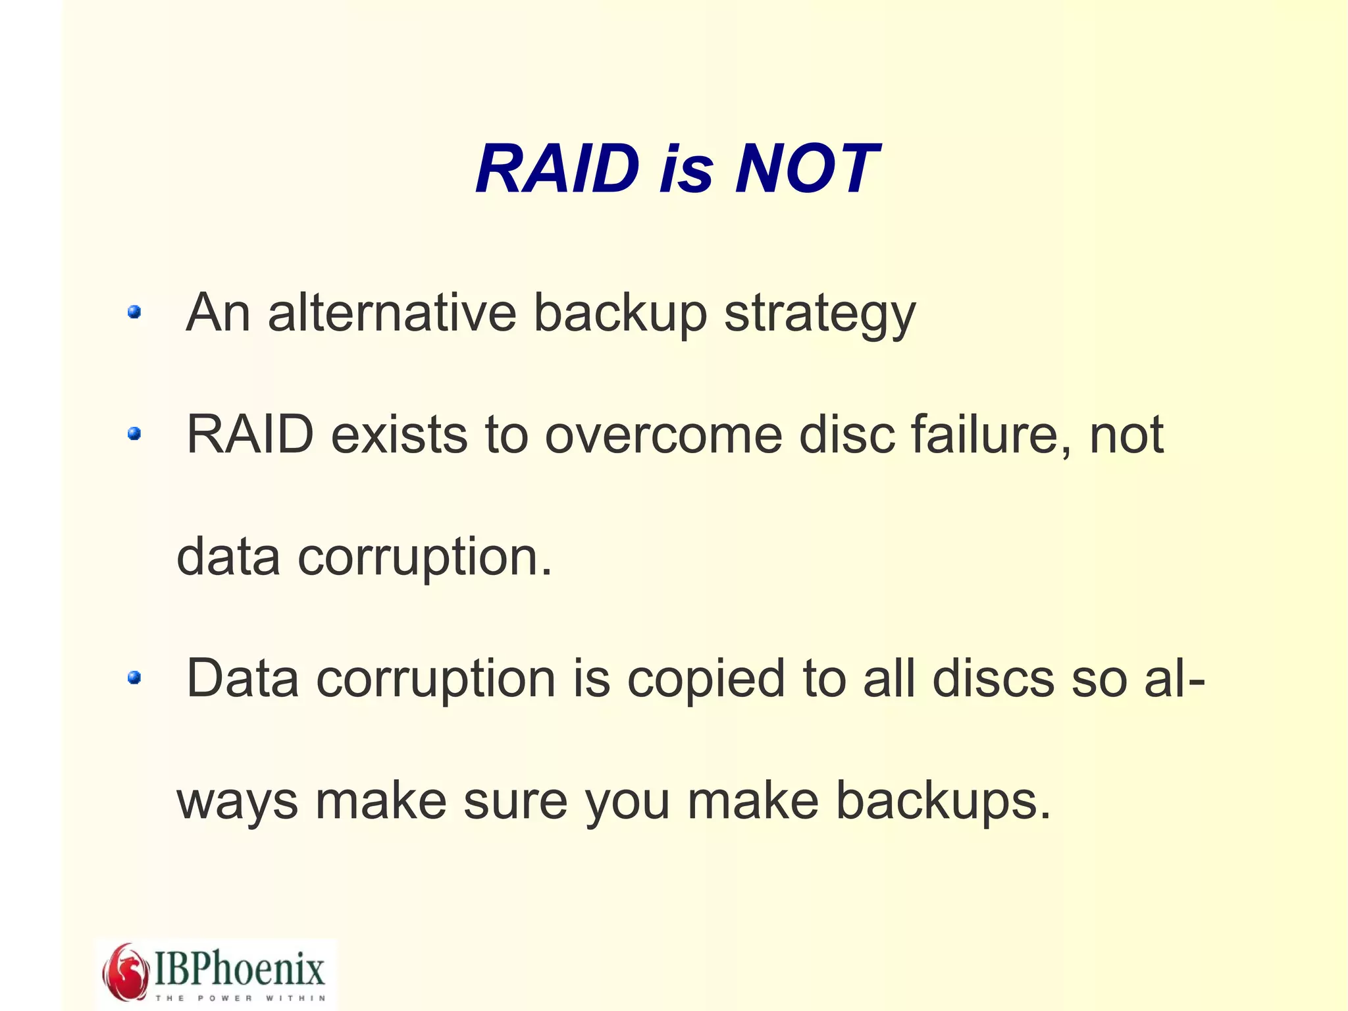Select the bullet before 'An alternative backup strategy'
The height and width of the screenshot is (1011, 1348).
point(134,312)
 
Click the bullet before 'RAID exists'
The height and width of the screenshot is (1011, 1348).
point(134,433)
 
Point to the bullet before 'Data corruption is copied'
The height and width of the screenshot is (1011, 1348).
point(134,677)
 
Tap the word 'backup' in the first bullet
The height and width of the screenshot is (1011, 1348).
point(620,314)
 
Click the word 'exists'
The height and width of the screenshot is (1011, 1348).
point(399,435)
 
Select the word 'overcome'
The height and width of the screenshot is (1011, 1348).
point(663,436)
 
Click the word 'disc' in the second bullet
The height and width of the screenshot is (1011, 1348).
point(846,435)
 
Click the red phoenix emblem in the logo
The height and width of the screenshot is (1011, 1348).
point(125,971)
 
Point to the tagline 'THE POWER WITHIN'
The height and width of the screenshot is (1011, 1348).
point(240,998)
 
